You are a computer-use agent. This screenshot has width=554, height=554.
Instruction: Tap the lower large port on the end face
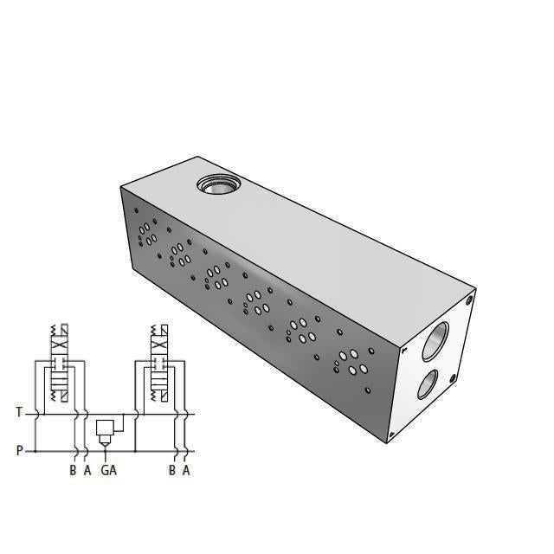[x=427, y=383]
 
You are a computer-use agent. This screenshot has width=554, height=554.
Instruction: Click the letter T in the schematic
[x=20, y=413]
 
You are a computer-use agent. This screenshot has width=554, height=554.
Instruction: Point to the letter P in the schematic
[x=20, y=450]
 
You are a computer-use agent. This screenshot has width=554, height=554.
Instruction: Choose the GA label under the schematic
[x=108, y=471]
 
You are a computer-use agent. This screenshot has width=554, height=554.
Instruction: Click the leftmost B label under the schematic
[x=73, y=471]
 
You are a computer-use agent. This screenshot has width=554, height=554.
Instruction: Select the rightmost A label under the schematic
[x=186, y=471]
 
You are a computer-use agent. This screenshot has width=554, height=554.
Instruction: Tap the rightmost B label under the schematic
[x=172, y=471]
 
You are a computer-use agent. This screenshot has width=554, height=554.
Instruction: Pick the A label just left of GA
[x=87, y=471]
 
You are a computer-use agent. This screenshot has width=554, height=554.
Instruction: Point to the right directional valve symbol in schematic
[x=159, y=364]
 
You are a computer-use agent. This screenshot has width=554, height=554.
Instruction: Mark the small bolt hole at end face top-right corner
[x=469, y=300]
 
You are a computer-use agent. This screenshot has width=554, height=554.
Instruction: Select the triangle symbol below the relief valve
[x=106, y=441]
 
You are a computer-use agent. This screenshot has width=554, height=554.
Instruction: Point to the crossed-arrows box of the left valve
[x=59, y=344]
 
